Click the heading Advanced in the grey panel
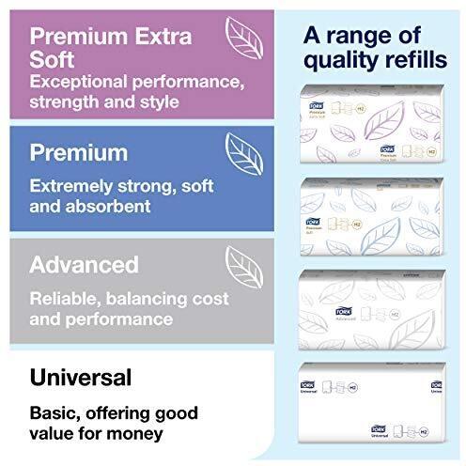pyautogui.click(x=85, y=264)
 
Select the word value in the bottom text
pyautogui.click(x=54, y=434)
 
